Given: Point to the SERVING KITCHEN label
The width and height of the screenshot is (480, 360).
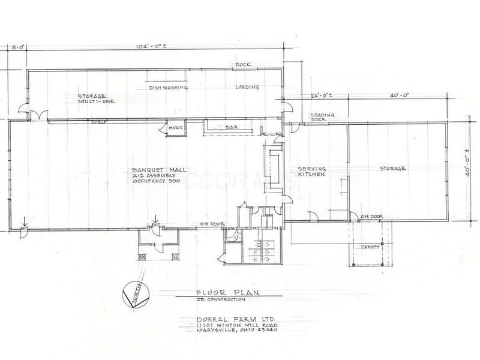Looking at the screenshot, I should pos(311,171).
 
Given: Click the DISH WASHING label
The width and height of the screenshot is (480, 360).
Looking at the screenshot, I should pos(169,88).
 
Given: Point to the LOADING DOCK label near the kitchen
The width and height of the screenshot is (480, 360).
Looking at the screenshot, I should pos(323,116).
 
